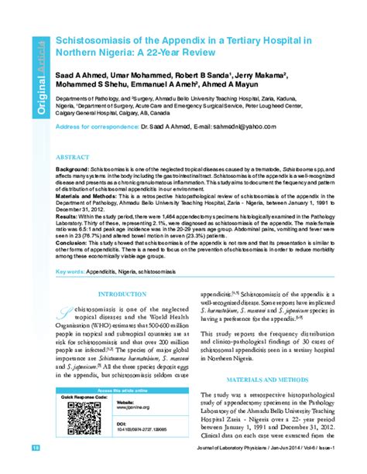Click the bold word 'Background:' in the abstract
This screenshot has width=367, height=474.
tap(73, 169)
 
